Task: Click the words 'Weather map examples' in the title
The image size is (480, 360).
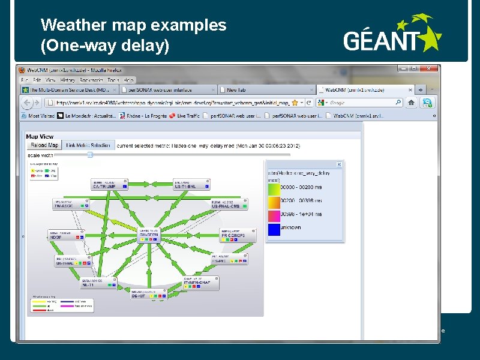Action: (133, 25)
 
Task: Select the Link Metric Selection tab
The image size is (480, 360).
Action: (88, 145)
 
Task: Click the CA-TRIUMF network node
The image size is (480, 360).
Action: (109, 185)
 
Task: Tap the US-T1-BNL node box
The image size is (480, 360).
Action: (191, 185)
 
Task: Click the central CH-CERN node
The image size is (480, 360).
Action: (150, 235)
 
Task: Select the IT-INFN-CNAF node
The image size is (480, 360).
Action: (200, 283)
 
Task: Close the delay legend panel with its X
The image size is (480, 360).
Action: (339, 163)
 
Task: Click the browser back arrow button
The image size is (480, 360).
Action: (30, 103)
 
